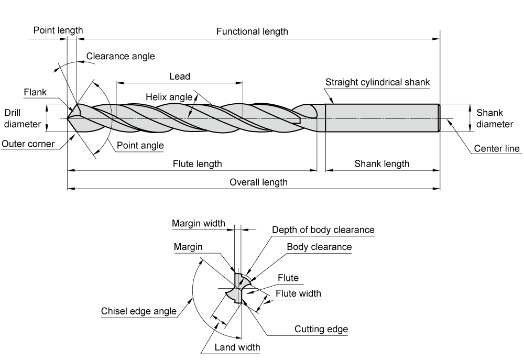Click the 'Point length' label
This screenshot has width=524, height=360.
[58, 30]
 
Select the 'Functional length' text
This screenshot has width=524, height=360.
[252, 31]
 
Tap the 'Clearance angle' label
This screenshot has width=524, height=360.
[121, 56]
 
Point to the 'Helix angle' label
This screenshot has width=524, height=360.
[169, 97]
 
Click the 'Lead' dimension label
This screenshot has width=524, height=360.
[180, 76]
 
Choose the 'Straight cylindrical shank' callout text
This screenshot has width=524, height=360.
[378, 82]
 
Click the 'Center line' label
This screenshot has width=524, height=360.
[497, 148]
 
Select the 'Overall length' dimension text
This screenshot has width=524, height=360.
[258, 182]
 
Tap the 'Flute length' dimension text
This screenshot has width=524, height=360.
[197, 164]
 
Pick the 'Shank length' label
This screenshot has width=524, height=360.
[381, 164]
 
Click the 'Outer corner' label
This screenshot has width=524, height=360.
[28, 144]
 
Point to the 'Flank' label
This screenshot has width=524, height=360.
[35, 92]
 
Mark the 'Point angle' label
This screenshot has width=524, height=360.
[140, 145]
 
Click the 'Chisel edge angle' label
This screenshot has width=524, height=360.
[139, 311]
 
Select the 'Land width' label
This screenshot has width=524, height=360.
[237, 347]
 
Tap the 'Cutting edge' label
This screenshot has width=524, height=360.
[321, 329]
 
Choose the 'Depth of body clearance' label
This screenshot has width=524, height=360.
[323, 230]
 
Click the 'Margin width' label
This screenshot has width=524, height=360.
[199, 223]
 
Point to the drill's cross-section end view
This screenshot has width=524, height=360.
[238, 288]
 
